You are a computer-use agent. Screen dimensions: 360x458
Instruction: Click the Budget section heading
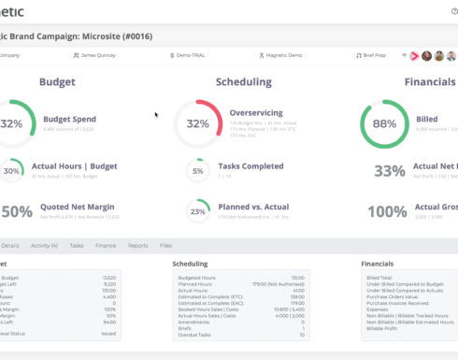pos(57,82)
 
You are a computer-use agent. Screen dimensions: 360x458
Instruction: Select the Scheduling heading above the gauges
pos(243,82)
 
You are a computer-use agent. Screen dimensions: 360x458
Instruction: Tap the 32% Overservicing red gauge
pos(197,123)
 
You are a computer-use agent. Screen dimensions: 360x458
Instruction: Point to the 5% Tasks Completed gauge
pos(197,171)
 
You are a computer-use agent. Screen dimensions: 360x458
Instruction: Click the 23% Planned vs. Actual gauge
pos(197,211)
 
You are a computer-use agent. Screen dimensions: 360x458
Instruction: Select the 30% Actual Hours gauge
pos(12,171)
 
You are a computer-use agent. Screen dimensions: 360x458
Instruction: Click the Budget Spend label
pos(70,120)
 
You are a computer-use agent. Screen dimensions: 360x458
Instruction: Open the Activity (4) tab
pos(44,245)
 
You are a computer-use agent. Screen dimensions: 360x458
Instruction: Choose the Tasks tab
pos(77,245)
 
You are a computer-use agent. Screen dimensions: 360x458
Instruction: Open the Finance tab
pos(106,245)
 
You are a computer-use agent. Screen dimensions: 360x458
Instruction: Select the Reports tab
pos(137,245)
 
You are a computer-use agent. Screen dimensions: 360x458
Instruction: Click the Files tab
pos(165,245)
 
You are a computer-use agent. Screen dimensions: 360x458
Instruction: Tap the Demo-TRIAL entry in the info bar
pos(190,55)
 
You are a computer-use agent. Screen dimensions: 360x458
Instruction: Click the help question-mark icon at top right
pos(454,10)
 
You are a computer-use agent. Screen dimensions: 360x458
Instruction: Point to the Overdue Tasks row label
pos(191,334)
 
